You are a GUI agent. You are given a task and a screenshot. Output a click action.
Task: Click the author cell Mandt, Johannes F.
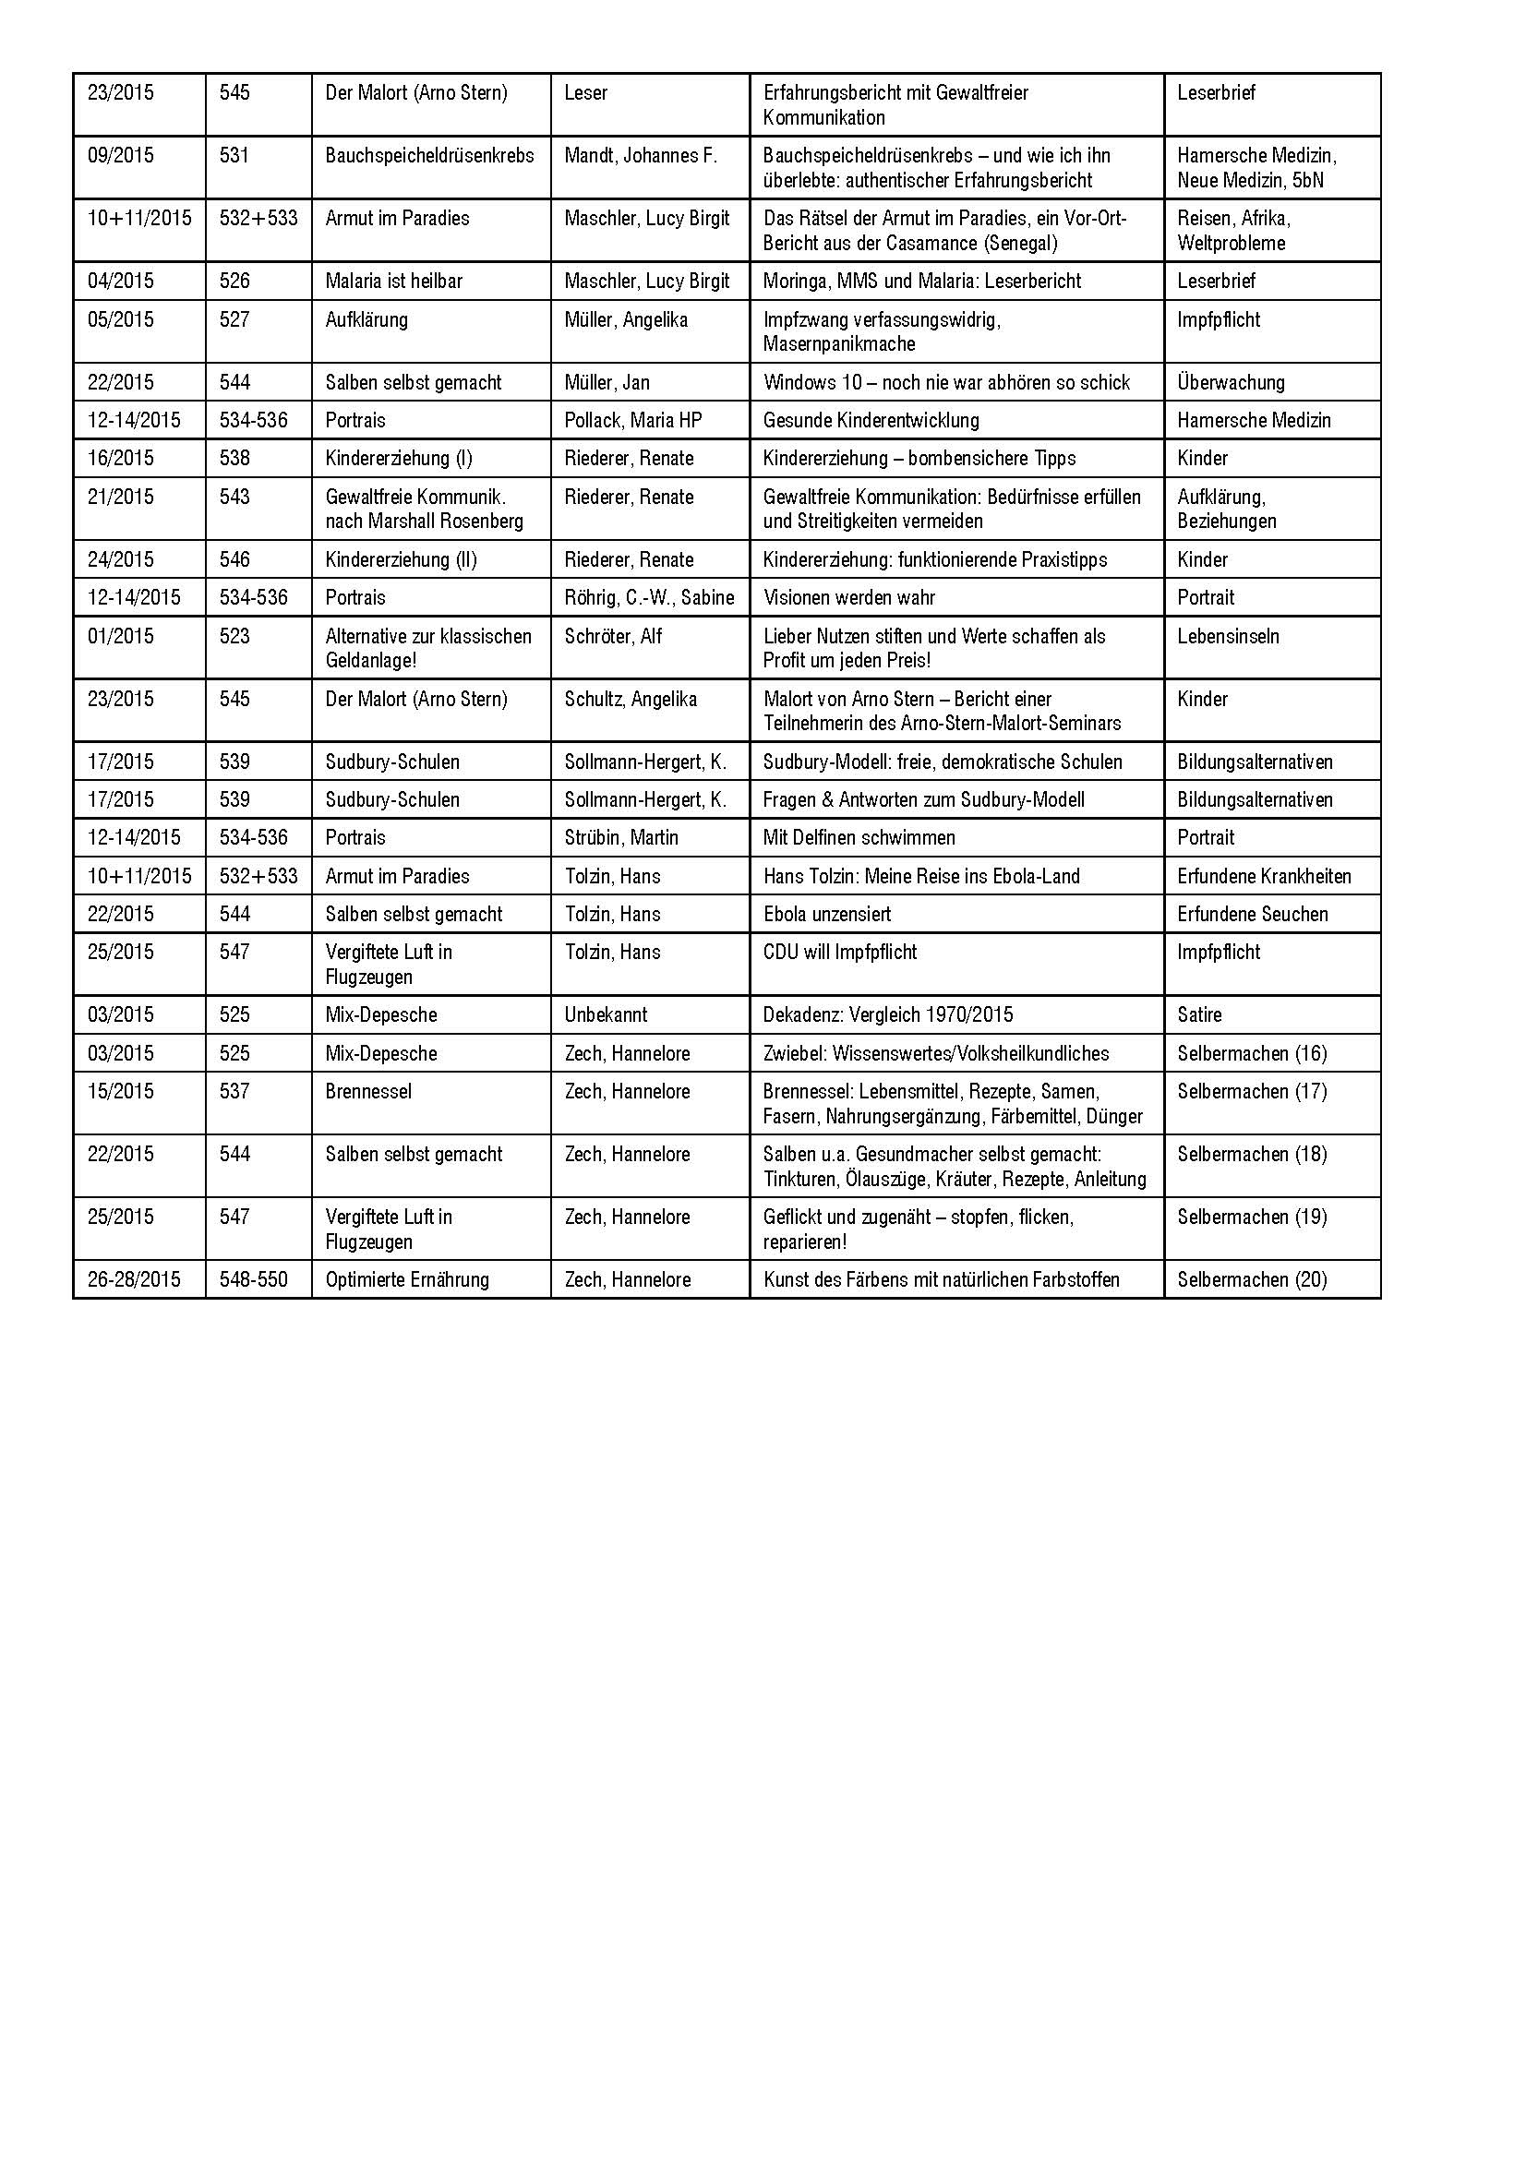[x=641, y=156]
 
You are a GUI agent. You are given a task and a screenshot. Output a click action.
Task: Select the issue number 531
[x=234, y=156]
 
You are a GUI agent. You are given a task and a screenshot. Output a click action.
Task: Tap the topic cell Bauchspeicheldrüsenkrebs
[x=428, y=156]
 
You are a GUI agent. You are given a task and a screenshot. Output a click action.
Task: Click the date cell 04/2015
[x=120, y=282]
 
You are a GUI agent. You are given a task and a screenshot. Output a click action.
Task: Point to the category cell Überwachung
[x=1230, y=383]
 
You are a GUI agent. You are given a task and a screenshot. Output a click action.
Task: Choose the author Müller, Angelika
[x=625, y=319]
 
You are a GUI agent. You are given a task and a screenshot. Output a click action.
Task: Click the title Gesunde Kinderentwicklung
[x=871, y=420]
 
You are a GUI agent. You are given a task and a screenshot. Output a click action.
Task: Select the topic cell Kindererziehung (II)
[x=401, y=560]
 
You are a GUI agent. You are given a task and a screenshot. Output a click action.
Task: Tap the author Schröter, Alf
[x=613, y=637]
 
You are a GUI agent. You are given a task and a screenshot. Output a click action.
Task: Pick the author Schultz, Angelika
[x=630, y=700]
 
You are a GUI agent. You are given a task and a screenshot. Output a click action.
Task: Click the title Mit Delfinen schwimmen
[x=859, y=838]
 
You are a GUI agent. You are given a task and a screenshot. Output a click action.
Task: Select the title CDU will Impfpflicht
[x=840, y=953]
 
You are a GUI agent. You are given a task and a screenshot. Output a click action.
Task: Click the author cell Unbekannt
[x=606, y=1015]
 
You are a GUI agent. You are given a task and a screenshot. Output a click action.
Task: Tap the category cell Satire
[x=1199, y=1015]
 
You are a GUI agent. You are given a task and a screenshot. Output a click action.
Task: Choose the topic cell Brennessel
[x=368, y=1092]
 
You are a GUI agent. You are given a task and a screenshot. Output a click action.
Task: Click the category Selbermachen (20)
[x=1252, y=1279]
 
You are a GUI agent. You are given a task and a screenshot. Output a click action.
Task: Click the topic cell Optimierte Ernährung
[x=407, y=1279]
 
